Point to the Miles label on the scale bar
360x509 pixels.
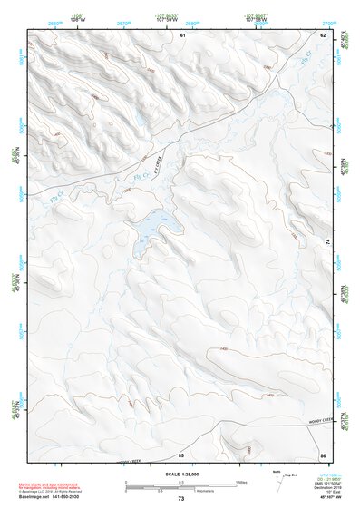[x=241, y=481]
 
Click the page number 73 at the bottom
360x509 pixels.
[x=180, y=500]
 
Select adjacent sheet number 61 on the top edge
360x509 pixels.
[x=182, y=34]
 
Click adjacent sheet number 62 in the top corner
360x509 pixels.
[x=322, y=34]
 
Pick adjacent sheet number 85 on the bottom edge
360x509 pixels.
[x=181, y=454]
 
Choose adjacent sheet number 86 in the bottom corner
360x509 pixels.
[x=322, y=454]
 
